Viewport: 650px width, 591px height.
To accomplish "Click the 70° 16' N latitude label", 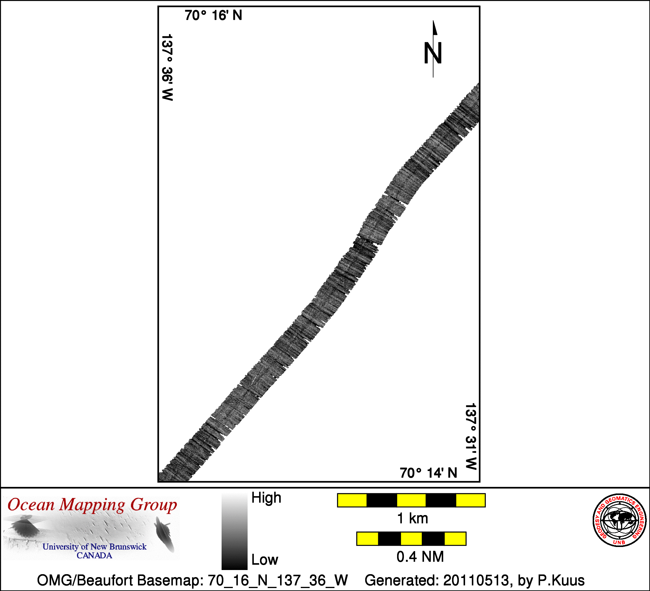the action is (213, 15).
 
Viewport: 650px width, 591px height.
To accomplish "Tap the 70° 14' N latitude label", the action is (428, 473).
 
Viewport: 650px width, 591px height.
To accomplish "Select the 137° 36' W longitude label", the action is (167, 67).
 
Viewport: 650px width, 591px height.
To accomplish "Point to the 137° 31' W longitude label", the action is (471, 436).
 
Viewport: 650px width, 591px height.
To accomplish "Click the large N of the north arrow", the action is (433, 53).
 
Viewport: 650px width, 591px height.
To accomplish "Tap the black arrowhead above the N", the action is (435, 28).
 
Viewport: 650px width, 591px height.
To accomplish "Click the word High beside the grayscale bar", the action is (266, 498).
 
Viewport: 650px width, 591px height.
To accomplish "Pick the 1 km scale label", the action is (413, 519).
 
